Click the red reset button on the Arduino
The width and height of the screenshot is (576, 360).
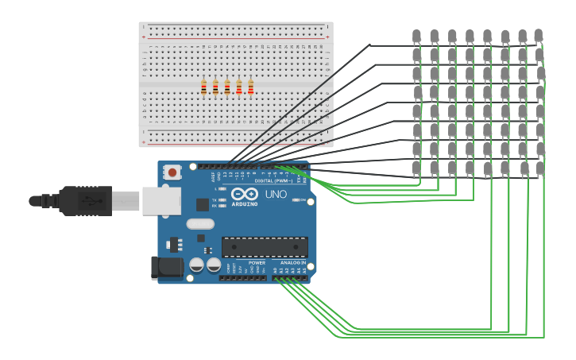point(172,171)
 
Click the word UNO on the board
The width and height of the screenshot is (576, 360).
point(276,195)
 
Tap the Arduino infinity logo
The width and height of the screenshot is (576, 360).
point(245,194)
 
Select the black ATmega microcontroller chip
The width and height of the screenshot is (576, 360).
point(265,246)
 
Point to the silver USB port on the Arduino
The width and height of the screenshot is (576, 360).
point(161,201)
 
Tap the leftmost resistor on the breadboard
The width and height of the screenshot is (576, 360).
point(203,87)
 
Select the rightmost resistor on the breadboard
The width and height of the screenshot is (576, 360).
point(250,87)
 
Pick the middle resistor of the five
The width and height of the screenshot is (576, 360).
point(227,87)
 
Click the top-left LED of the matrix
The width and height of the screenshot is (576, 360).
point(416,36)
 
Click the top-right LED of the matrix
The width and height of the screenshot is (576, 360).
point(539,36)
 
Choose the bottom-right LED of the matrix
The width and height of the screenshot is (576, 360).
point(540,168)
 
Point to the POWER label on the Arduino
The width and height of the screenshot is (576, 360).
point(257,262)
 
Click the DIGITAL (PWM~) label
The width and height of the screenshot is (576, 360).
point(273,181)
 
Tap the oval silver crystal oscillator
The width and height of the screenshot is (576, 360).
point(200,224)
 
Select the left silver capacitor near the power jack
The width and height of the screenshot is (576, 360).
point(196,265)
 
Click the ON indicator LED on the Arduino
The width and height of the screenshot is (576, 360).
point(296,199)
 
